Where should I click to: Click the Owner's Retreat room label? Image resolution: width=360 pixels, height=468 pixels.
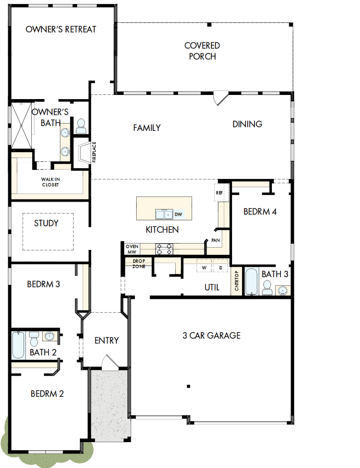[61, 30]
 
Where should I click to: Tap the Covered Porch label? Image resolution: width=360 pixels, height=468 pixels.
[202, 51]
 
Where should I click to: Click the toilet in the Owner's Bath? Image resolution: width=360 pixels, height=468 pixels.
[81, 126]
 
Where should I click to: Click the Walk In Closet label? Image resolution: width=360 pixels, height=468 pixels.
[50, 182]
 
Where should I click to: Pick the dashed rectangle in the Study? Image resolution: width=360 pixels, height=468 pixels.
[48, 231]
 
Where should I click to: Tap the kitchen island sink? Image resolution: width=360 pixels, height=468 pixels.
[163, 214]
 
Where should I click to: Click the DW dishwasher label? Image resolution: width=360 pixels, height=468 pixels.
[178, 214]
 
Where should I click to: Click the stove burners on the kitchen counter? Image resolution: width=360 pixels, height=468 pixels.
[164, 249]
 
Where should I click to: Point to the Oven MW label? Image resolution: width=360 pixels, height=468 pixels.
[132, 249]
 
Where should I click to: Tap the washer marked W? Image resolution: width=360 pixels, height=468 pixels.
[204, 268]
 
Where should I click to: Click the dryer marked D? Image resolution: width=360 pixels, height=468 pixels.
[220, 268]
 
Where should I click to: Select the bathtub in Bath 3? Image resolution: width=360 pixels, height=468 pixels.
[251, 282]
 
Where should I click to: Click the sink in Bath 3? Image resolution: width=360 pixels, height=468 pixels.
[283, 290]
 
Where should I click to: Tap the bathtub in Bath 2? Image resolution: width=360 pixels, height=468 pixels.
[18, 345]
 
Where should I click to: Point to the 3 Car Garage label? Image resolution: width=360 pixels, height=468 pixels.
[211, 336]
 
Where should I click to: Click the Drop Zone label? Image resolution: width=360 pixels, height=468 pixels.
[138, 264]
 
